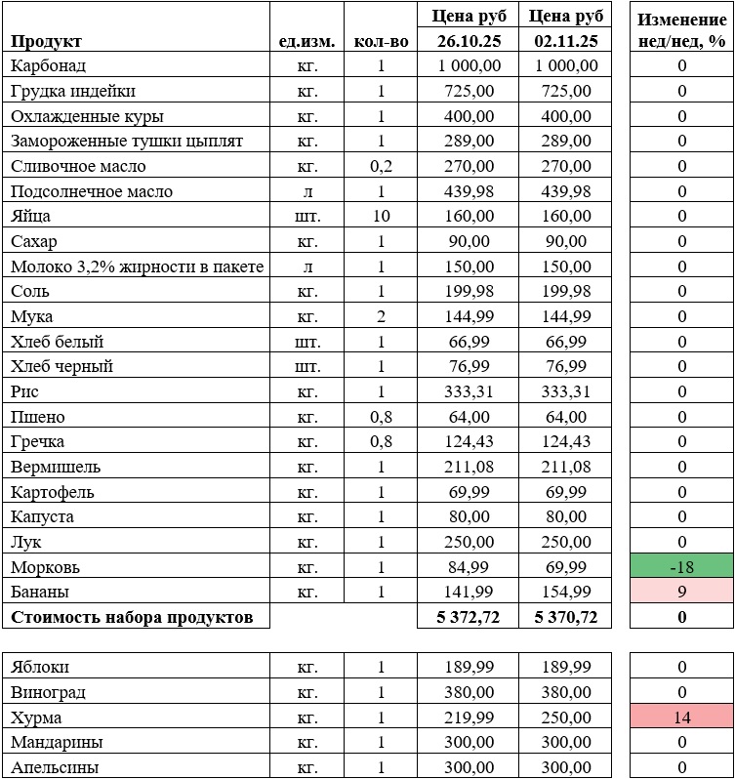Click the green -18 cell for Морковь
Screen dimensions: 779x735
(681, 567)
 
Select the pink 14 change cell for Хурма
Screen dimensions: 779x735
(681, 717)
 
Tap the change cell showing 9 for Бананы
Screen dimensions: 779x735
(681, 592)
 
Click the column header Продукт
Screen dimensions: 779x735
(47, 41)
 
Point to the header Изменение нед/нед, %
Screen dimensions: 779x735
(681, 29)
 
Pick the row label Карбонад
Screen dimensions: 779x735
(49, 65)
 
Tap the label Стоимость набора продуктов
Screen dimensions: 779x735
(132, 617)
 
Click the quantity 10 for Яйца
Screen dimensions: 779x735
(382, 216)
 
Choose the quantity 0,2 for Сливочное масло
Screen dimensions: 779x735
(382, 166)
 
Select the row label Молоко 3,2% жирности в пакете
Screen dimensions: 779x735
(138, 266)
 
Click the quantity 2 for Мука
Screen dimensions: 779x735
(382, 316)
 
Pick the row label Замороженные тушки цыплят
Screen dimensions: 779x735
(127, 141)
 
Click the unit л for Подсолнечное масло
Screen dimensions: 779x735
(307, 191)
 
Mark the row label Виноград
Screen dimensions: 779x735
(48, 692)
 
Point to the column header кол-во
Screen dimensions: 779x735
(382, 41)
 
